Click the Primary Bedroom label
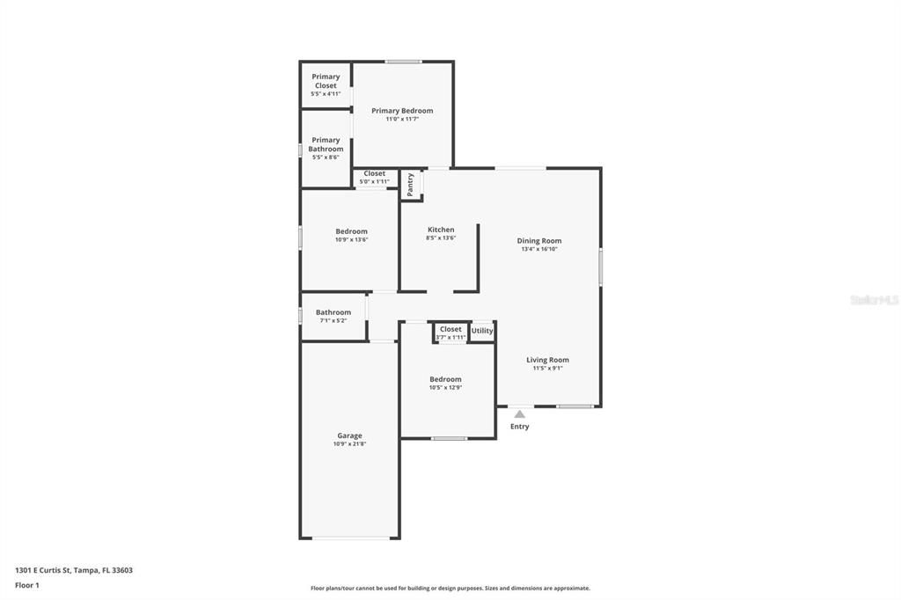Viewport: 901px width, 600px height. pyautogui.click(x=402, y=111)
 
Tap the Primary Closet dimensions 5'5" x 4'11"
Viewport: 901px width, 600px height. pyautogui.click(x=326, y=93)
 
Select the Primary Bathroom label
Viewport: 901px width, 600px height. pyautogui.click(x=326, y=144)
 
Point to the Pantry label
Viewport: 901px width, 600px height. pyautogui.click(x=410, y=184)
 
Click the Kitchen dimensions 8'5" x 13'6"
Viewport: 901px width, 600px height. pyautogui.click(x=441, y=238)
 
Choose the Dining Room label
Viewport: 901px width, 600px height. pyautogui.click(x=538, y=240)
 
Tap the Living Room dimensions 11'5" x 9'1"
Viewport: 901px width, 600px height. pyautogui.click(x=547, y=368)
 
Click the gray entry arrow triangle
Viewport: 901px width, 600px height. pyautogui.click(x=520, y=413)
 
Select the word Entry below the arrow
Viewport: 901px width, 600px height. pyautogui.click(x=520, y=427)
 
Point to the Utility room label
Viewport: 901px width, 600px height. pyautogui.click(x=482, y=331)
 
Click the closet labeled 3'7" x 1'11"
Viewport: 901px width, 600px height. pyautogui.click(x=450, y=333)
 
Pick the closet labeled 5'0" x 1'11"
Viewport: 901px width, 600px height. pyautogui.click(x=374, y=178)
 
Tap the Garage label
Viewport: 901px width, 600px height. pyautogui.click(x=349, y=435)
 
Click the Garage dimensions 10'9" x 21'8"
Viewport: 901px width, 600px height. pyautogui.click(x=349, y=444)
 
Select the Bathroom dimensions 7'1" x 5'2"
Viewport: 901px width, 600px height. pyautogui.click(x=333, y=320)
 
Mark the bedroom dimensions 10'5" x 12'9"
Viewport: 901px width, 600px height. pyautogui.click(x=445, y=387)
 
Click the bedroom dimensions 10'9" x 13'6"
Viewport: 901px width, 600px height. pyautogui.click(x=351, y=239)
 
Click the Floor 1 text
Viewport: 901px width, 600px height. pyautogui.click(x=27, y=584)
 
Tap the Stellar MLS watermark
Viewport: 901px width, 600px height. pyautogui.click(x=874, y=300)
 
